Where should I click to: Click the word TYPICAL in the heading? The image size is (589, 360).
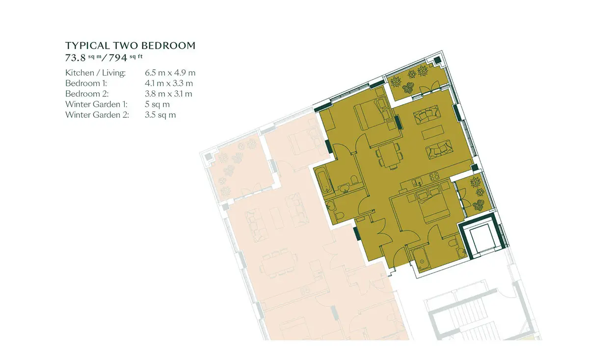87,46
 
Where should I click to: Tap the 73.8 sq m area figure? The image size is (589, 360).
83,57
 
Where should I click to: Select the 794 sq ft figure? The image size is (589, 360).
126,57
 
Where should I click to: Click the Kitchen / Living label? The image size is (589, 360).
95,73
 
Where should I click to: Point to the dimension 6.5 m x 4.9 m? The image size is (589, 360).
170,73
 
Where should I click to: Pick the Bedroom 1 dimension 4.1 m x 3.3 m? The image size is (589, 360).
169,83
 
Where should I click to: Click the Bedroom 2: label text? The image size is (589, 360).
87,94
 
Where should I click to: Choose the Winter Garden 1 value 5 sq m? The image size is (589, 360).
157,105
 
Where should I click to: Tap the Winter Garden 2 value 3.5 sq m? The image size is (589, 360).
160,115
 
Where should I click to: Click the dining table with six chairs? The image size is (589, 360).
389,155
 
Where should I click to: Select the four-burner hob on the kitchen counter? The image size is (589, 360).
434,176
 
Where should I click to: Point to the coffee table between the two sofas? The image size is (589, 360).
433,132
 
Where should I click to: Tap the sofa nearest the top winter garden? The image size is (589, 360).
427,114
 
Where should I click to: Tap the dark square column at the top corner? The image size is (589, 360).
437,60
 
